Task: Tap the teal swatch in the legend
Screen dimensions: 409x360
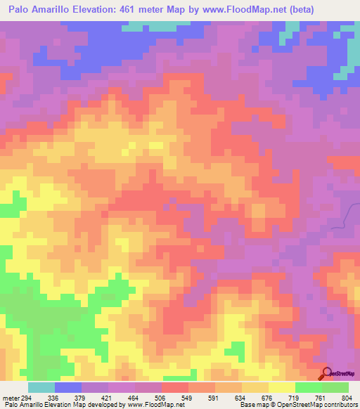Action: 41,388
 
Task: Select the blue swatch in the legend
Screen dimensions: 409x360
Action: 68,388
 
